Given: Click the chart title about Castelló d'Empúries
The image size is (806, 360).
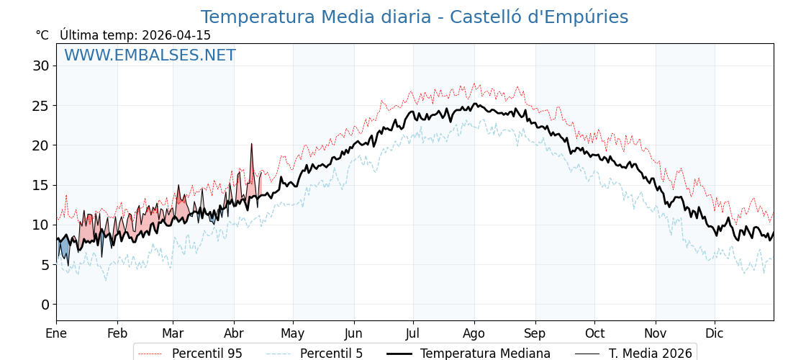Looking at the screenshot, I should (414, 17).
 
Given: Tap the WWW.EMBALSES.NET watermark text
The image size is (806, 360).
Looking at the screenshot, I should (150, 55).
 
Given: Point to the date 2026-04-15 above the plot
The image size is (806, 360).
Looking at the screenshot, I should (176, 35).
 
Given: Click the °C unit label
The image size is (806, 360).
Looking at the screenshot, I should (42, 35).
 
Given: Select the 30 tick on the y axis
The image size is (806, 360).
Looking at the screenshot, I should (40, 66).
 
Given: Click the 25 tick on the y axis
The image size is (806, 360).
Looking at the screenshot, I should (40, 106).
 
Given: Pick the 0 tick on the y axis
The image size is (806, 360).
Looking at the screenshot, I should (45, 305).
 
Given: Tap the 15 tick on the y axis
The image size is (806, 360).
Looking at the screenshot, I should (40, 185).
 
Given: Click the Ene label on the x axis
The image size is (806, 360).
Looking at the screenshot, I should (56, 333).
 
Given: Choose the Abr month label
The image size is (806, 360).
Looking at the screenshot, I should (234, 333).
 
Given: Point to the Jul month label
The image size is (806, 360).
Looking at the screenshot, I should (413, 333).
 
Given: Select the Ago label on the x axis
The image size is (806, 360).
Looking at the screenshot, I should (474, 333).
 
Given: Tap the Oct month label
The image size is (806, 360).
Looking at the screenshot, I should (594, 333).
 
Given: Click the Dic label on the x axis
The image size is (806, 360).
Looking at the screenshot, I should (715, 333).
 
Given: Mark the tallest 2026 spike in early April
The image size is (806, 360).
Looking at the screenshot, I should (252, 145).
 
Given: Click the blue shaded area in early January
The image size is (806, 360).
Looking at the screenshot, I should (64, 249).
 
